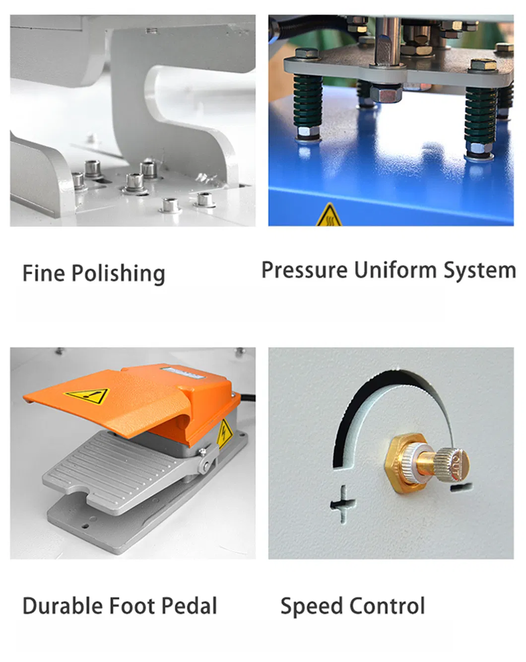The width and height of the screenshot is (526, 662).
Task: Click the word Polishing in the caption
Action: coord(118,274)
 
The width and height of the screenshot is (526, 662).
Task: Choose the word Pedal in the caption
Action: coord(190,606)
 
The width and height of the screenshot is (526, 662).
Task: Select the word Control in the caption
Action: coord(388,606)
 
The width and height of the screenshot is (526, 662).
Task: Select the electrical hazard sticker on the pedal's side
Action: coord(224,433)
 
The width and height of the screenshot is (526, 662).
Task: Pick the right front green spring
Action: coord(480,119)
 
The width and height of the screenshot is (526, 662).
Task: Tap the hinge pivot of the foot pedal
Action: coord(204,465)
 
